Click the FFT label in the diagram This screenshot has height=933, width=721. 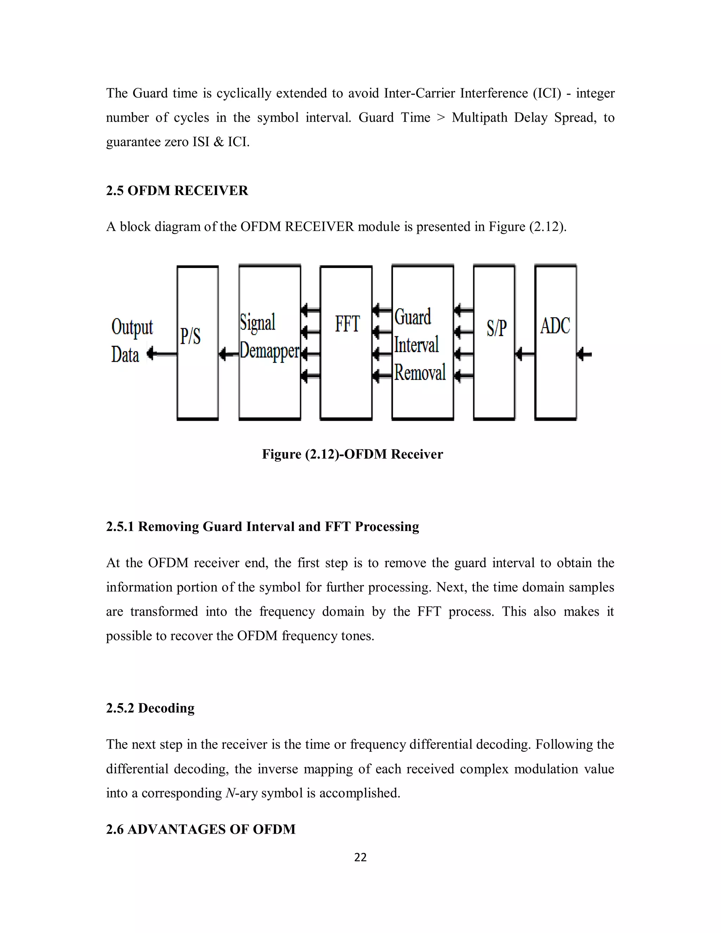[x=347, y=324]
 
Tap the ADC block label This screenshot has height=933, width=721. [x=555, y=326]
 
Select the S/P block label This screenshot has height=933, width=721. [x=496, y=328]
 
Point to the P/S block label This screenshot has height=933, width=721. [x=190, y=336]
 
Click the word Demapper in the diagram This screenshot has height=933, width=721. [x=270, y=351]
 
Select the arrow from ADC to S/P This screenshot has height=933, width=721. [x=525, y=354]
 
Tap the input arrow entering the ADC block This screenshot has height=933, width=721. [x=584, y=354]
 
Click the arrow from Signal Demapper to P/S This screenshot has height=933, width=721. [x=228, y=354]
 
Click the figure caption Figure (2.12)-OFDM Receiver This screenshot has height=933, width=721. [x=352, y=454]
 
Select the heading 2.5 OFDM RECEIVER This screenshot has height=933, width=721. [x=177, y=190]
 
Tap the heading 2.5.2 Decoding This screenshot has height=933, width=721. [x=150, y=708]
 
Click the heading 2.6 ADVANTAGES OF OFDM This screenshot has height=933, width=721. [x=200, y=829]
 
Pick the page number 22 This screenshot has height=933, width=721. [x=360, y=857]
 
